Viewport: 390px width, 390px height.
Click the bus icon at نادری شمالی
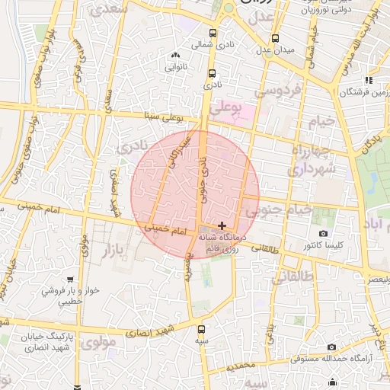coord(213,33)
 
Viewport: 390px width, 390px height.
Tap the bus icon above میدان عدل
coord(275,38)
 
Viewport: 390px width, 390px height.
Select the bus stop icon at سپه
coord(201,330)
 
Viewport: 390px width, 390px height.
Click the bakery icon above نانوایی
coord(176,55)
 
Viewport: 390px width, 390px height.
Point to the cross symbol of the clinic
coord(222,225)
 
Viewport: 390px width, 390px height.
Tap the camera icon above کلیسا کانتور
coord(324,233)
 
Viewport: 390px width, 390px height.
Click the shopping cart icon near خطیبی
coord(71,279)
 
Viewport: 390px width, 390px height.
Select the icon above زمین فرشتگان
coord(369,79)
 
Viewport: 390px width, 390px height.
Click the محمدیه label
coord(242,366)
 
